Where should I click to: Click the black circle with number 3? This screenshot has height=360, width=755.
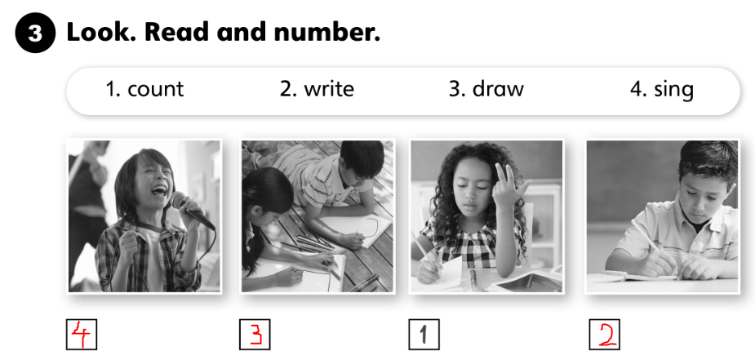pyautogui.click(x=35, y=33)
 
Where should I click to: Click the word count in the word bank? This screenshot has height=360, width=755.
pyautogui.click(x=156, y=89)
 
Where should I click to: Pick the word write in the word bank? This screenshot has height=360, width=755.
pyautogui.click(x=330, y=88)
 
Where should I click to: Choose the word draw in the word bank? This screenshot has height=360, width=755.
pyautogui.click(x=498, y=88)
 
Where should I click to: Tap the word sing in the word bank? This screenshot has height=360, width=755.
pyautogui.click(x=673, y=90)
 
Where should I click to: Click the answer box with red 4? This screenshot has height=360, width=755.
pyautogui.click(x=82, y=335)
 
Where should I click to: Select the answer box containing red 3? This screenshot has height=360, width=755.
pyautogui.click(x=255, y=335)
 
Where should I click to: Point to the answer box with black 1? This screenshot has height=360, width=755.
pyautogui.click(x=424, y=335)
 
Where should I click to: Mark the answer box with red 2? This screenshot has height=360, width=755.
pyautogui.click(x=604, y=335)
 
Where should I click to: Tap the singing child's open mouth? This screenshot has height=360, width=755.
pyautogui.click(x=159, y=192)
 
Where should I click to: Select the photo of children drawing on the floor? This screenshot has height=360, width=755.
pyautogui.click(x=318, y=216)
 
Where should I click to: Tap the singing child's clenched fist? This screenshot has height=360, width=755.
pyautogui.click(x=129, y=246)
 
